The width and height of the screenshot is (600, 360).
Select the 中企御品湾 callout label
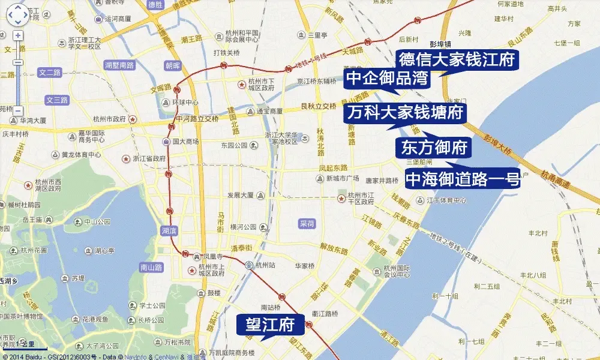[387, 79]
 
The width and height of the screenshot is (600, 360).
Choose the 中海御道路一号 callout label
[463, 179]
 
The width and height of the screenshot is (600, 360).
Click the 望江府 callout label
[270, 325]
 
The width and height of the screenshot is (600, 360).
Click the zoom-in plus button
[18, 35]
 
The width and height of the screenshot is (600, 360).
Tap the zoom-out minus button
[18, 111]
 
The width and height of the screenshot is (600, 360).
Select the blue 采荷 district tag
[307, 223]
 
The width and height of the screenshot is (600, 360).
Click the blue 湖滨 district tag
[169, 230]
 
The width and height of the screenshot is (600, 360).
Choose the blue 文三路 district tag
[57, 100]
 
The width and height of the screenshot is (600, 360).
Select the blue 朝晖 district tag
[172, 65]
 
